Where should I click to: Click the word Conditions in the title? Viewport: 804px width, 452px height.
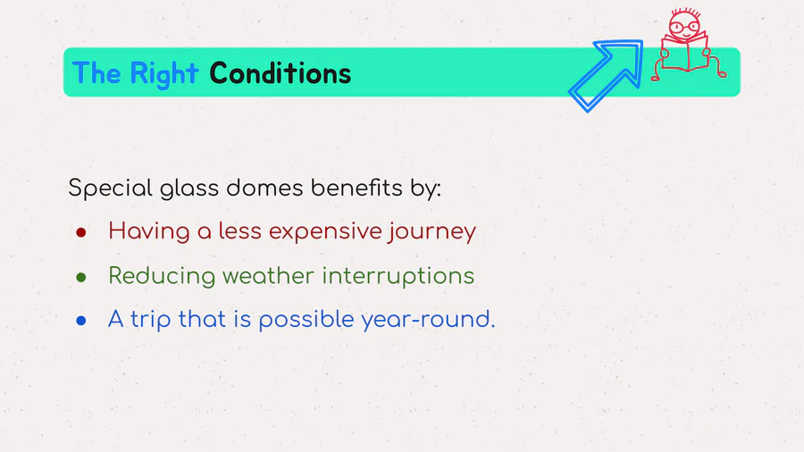(x=280, y=73)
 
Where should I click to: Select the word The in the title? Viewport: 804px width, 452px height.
(x=96, y=73)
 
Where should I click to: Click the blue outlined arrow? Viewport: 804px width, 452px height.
(x=606, y=75)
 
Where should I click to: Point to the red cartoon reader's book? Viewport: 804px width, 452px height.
(x=684, y=54)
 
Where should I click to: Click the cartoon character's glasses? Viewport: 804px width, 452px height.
(x=684, y=27)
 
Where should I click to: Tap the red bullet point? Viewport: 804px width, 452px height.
(x=81, y=232)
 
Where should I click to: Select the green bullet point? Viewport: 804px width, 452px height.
(x=81, y=277)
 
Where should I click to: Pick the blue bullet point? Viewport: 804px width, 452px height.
(x=81, y=321)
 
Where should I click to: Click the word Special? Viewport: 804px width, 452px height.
(x=110, y=188)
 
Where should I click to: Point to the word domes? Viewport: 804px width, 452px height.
(x=264, y=188)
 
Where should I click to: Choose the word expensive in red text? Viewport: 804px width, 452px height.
(x=325, y=232)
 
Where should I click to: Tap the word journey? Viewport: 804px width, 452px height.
(x=432, y=232)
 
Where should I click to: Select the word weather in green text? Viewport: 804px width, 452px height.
(x=268, y=276)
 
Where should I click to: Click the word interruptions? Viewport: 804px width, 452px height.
(x=398, y=277)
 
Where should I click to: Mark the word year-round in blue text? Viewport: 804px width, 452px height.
(x=428, y=321)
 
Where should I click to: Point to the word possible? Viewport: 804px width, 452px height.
(x=306, y=321)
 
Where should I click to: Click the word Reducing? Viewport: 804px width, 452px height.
(x=161, y=277)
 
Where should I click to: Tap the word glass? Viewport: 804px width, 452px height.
(x=189, y=188)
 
